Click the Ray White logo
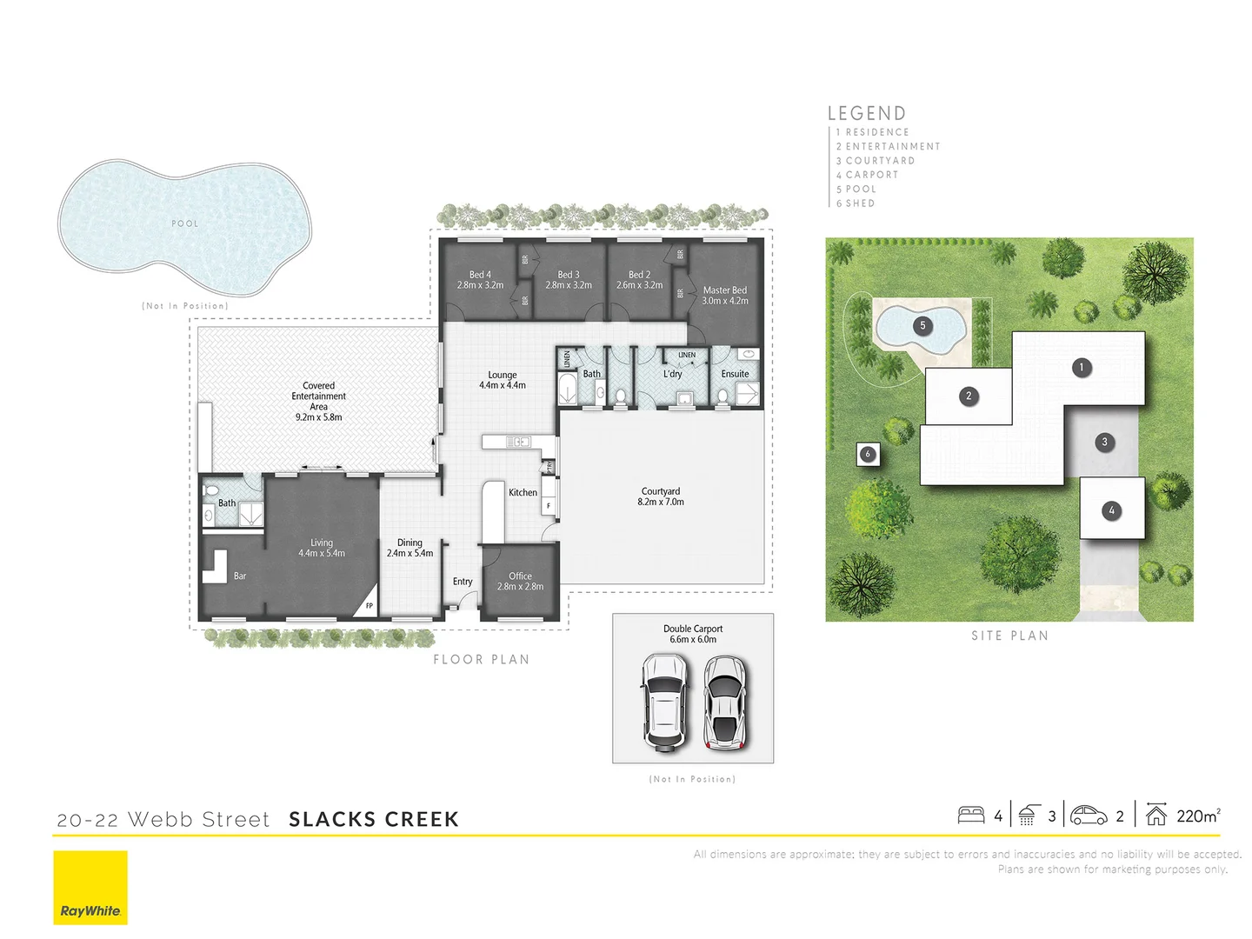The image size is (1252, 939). click(x=90, y=887)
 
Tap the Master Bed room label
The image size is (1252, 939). click(x=725, y=296)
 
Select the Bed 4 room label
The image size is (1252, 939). click(x=480, y=280)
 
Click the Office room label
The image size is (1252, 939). click(x=520, y=581)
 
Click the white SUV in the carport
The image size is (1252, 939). click(x=664, y=703)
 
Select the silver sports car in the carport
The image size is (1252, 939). click(x=725, y=703)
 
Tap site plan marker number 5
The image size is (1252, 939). click(x=922, y=326)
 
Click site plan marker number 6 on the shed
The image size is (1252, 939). click(x=867, y=454)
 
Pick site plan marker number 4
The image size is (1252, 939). click(x=1111, y=510)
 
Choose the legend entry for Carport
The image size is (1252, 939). click(x=871, y=175)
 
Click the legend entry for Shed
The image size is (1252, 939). click(x=860, y=203)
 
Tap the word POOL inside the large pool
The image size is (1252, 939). click(x=185, y=223)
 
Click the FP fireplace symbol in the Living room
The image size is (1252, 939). click(x=369, y=606)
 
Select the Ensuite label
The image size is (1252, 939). click(x=735, y=374)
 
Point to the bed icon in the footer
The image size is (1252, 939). click(x=970, y=816)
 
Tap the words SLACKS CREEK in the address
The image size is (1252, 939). click(x=374, y=819)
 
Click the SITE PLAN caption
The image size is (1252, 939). click(x=1009, y=636)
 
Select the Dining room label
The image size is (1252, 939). click(x=410, y=548)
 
